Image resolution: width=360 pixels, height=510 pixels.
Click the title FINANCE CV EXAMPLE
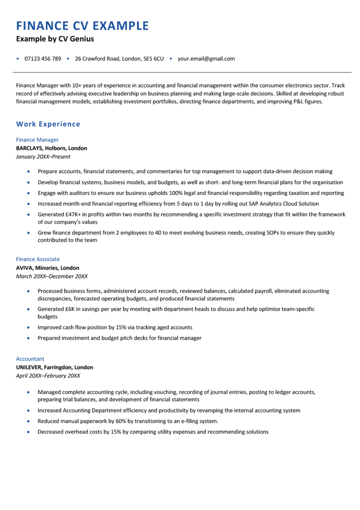click(x=82, y=26)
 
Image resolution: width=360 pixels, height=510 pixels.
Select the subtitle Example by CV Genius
click(x=55, y=39)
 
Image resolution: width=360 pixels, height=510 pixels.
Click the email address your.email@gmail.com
click(x=206, y=59)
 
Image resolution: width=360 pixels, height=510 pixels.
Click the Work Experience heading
click(x=48, y=124)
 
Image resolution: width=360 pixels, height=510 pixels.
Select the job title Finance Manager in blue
click(x=37, y=140)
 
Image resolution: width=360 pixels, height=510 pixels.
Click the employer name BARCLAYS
click(x=30, y=148)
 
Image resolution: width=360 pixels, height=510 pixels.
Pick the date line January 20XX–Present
click(x=43, y=157)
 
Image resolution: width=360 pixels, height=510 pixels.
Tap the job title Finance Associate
click(x=38, y=259)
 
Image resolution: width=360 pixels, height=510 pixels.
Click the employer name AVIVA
click(x=24, y=268)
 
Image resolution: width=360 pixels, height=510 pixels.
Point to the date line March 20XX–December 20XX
click(x=52, y=276)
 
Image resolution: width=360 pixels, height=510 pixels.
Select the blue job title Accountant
click(x=30, y=359)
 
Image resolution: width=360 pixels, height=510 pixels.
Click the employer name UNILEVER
click(x=29, y=367)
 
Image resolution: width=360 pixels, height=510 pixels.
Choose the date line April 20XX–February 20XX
click(x=48, y=376)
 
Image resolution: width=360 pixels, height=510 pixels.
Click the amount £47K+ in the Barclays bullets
click(x=74, y=214)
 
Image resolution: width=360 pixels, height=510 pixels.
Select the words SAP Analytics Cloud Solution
click(x=281, y=204)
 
